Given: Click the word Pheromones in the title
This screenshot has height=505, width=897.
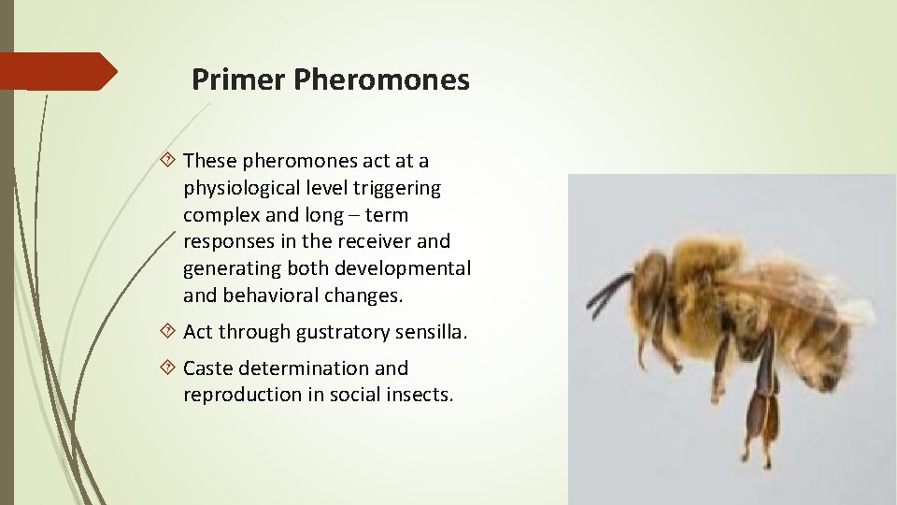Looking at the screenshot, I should [381, 80].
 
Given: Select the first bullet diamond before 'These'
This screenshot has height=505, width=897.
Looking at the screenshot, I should [169, 162].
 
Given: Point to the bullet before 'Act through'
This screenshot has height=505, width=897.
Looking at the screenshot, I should [169, 332].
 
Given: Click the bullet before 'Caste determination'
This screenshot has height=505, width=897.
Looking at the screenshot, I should [169, 368].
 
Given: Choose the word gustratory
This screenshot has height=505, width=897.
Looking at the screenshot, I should [347, 332].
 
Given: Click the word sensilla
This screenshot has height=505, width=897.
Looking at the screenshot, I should [433, 332].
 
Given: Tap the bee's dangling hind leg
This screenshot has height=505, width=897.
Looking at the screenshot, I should [759, 402].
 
